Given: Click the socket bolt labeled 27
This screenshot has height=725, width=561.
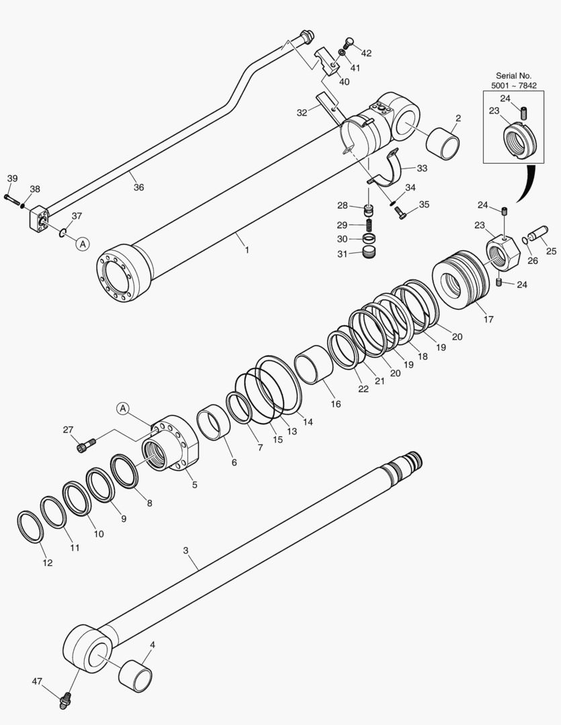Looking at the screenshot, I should (87, 444).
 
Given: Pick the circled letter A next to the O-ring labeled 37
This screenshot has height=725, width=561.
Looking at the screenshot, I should (82, 244).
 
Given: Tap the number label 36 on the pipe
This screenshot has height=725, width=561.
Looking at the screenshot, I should (138, 187).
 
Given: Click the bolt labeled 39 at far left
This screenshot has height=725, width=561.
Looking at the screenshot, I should (11, 198).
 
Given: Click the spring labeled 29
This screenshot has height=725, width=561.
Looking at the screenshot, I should (368, 225).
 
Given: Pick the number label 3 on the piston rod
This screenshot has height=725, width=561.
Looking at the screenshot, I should (186, 550).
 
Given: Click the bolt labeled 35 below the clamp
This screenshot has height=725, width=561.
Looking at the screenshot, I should (400, 213).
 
